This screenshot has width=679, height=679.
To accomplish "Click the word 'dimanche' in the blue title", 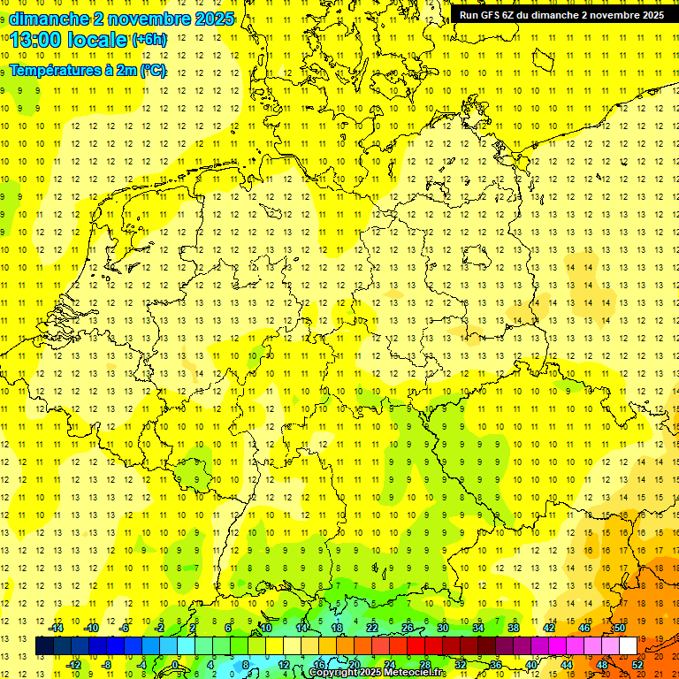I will coord(48,19).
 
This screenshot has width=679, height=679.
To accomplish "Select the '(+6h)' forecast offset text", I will coord(149,40).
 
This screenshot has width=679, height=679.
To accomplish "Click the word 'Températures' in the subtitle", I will coord(54,71).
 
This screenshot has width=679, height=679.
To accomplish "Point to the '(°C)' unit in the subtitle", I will coord(151,71).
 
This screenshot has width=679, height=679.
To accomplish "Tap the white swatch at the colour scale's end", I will coord(628,645).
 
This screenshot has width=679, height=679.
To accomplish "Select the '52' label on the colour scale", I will coord(637,665).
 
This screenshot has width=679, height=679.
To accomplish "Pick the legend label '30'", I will coord(443,628).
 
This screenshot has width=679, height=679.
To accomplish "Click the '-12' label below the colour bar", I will coord(74,665).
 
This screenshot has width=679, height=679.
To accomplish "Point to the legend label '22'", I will coord(372,628).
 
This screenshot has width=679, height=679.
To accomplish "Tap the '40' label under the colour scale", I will coord(530,665).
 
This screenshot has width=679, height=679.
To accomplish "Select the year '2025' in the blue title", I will coord(211,19).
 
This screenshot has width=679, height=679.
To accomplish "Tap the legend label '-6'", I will coord(126,628).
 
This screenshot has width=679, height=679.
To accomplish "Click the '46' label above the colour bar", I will coord(584,628).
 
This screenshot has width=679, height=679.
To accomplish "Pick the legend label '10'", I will coord(266,628).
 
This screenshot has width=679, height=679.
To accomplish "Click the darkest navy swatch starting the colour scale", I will coord(44,645).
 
